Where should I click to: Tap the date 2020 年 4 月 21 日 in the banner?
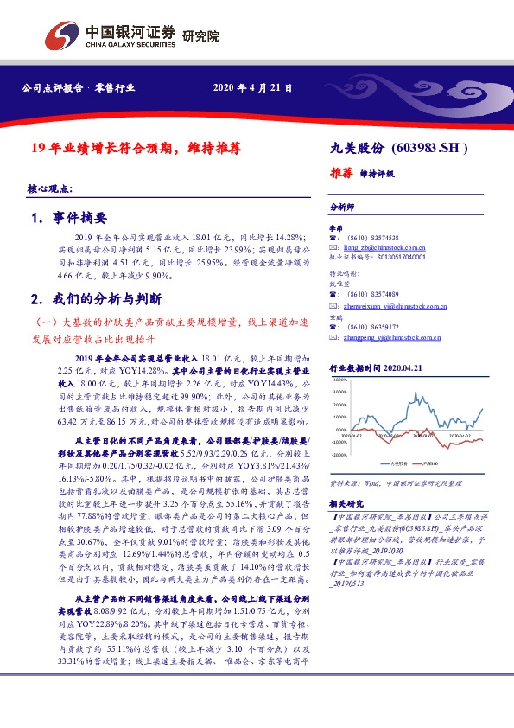click(252, 88)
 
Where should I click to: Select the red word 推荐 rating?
click(342, 173)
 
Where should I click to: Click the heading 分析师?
click(342, 208)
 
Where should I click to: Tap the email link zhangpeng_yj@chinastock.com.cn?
click(390, 336)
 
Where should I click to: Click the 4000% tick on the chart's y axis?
click(339, 380)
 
